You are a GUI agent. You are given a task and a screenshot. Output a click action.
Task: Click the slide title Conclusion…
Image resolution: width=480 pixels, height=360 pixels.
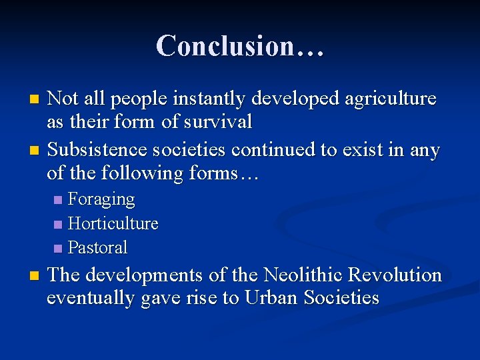tap(240, 45)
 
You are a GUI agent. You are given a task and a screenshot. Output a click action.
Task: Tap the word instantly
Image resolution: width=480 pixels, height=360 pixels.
tap(210, 99)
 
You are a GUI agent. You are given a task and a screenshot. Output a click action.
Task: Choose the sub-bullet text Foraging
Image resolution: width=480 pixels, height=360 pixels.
tap(101, 199)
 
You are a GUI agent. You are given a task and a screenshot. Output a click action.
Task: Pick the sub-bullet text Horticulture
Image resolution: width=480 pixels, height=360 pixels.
tap(113, 223)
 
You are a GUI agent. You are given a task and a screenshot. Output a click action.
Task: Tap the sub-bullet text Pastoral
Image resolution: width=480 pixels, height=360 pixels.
tap(98, 247)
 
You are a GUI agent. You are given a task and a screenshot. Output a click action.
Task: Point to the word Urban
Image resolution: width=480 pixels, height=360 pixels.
tap(271, 297)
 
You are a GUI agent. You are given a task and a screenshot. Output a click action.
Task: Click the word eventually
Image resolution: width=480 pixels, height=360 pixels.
tap(91, 297)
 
